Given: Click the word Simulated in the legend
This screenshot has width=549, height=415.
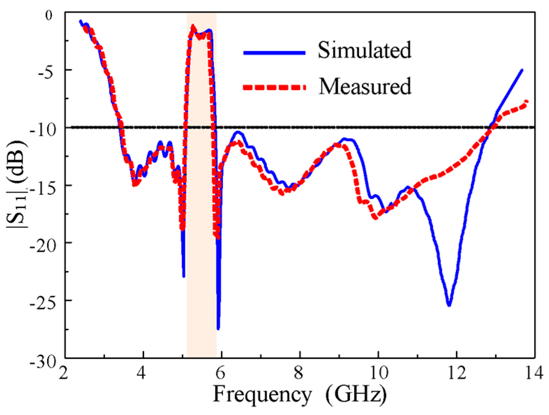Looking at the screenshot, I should (364, 50).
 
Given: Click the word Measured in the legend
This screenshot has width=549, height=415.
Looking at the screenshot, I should (365, 86).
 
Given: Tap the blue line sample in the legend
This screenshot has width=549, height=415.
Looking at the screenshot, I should (274, 53).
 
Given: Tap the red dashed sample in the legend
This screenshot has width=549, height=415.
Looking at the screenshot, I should (274, 88).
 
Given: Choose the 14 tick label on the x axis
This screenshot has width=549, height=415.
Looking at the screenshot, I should (534, 373).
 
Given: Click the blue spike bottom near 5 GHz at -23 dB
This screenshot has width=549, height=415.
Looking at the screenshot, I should (184, 276).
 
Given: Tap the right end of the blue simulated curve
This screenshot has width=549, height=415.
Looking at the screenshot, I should (522, 70).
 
